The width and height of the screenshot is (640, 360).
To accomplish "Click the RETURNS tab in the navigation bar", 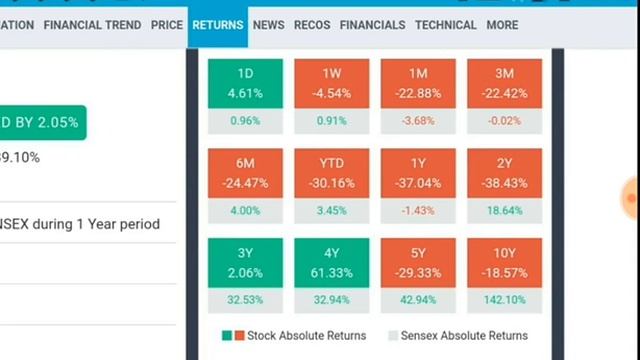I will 218,25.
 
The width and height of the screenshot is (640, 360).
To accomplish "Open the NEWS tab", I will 268,25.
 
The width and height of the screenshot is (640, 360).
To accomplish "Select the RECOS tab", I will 312,25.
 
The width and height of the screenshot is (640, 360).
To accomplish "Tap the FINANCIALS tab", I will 372,25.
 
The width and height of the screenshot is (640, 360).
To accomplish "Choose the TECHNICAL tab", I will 446,25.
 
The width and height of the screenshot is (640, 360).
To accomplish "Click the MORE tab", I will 502,25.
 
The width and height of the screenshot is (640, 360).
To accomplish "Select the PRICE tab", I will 166,25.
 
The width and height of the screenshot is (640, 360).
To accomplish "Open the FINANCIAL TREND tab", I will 93,25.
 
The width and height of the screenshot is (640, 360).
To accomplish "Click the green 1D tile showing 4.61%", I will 245,84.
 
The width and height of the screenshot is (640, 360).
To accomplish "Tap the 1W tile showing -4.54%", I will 332,84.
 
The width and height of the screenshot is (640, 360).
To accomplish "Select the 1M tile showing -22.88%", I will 418,84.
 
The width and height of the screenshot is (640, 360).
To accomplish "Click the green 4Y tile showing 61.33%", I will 332,263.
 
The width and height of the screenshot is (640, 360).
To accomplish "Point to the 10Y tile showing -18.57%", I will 505,263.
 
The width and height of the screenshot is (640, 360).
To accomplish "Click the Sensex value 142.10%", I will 505,300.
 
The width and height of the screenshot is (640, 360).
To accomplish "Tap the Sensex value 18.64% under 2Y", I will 505,211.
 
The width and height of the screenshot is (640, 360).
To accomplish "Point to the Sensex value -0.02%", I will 505,121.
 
